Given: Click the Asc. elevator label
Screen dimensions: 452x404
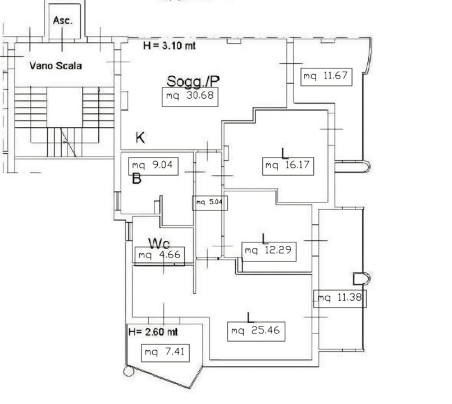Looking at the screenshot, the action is pos(62,20).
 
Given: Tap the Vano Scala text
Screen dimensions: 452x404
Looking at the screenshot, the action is pos(56,66).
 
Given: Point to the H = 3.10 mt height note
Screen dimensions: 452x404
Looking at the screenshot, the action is pos(169,45).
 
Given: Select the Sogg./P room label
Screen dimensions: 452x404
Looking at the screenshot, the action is pos(193,81).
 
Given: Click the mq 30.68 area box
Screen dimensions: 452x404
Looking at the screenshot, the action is pos(190,97).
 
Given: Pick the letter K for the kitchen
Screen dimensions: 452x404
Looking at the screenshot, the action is pos(140,137).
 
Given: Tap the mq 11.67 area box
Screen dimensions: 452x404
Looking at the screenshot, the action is pos(326,77).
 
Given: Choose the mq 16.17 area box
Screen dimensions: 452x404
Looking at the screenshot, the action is pos(288,166).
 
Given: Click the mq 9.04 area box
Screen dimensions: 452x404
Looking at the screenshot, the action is pos(153,166).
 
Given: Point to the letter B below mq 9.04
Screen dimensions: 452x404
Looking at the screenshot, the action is pos(136,178).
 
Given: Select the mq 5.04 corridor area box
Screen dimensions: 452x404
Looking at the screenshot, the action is pos(210,203).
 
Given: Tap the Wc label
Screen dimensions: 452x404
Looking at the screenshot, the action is pos(159,244).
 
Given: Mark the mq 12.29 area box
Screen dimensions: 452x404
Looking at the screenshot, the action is pos(268,251).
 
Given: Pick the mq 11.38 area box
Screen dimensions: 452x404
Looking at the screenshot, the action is pos(340,299).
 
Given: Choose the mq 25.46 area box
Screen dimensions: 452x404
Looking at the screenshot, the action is pos(256,332).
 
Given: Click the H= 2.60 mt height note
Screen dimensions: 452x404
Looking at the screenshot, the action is pos(153,332).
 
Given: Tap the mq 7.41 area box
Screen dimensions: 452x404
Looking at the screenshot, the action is pos(165,353).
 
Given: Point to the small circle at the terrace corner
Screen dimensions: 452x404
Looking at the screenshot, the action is pos(129,371).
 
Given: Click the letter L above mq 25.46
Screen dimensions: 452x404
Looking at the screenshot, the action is pos(250,317).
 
